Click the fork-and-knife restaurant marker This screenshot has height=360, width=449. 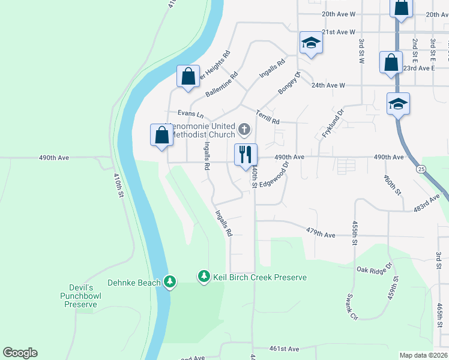click(x=246, y=155)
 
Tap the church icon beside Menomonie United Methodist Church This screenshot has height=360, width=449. click(x=244, y=129)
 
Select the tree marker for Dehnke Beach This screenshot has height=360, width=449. click(x=170, y=281)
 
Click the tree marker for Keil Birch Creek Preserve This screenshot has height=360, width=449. click(x=204, y=277)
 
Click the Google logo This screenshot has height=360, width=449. click(x=20, y=353)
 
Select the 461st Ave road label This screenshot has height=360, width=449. click(x=284, y=349)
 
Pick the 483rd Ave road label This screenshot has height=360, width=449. click(x=431, y=202)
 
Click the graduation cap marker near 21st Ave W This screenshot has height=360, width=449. click(x=311, y=43)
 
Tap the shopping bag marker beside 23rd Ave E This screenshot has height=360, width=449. click(x=391, y=62)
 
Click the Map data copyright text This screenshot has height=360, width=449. click(x=423, y=355)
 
